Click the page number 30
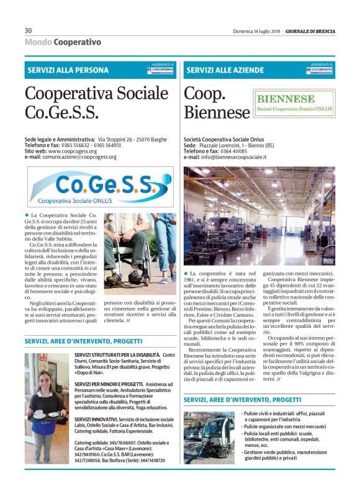pyautogui.click(x=29, y=30)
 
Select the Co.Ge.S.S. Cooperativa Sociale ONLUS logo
pyautogui.click(x=92, y=187)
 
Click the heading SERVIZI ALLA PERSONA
pyautogui.click(x=68, y=70)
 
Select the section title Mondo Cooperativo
pyautogui.click(x=63, y=42)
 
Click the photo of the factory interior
pyautogui.click(x=259, y=215)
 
